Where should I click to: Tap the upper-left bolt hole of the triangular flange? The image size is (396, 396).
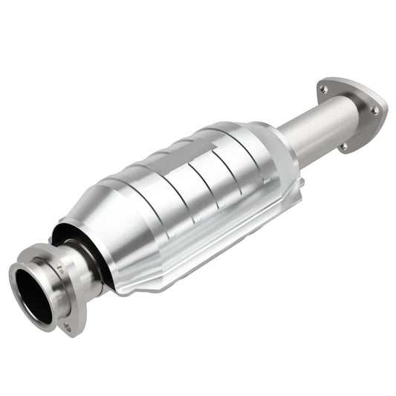(323, 90)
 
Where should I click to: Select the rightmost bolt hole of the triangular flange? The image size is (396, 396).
(374, 109)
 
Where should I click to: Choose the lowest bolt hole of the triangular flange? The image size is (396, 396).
(343, 146)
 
